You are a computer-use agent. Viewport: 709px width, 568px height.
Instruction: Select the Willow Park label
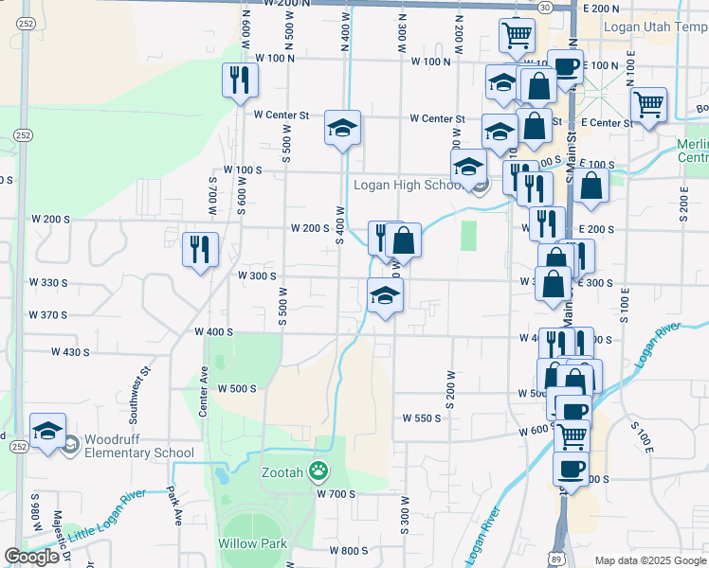(252, 543)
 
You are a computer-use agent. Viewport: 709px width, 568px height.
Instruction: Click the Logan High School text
(408, 185)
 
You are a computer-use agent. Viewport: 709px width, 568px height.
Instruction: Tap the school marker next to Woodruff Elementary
(47, 431)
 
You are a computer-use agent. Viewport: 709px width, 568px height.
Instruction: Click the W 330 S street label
(48, 283)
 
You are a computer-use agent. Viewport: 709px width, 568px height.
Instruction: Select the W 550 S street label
(422, 417)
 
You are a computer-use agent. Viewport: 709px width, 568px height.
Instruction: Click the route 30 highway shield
(545, 6)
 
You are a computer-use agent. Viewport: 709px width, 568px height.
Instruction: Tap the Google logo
(32, 557)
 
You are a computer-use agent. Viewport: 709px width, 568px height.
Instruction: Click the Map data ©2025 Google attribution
(649, 560)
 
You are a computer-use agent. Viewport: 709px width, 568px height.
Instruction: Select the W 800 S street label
(348, 550)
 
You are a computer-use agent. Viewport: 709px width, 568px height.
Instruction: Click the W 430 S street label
(69, 352)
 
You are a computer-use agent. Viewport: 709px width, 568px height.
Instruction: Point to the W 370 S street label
(48, 315)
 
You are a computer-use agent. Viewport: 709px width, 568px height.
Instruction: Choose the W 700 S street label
(336, 494)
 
